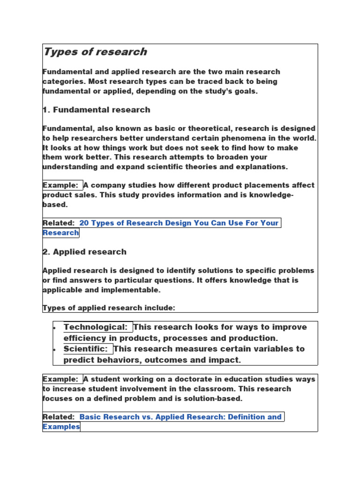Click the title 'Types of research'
[95, 52]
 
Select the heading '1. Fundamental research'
[97, 110]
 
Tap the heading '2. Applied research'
[84, 252]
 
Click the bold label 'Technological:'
[96, 327]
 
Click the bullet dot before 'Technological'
[55, 327]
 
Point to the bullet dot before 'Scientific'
[55, 349]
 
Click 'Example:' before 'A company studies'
[60, 185]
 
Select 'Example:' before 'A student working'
[60, 379]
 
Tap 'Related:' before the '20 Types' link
[59, 223]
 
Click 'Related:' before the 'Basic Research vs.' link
[59, 417]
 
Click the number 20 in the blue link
[84, 223]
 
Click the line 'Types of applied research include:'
[109, 308]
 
